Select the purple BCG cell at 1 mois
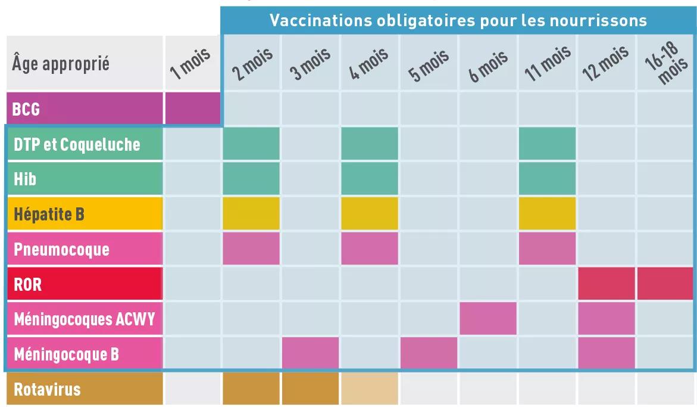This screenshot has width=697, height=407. click(192, 109)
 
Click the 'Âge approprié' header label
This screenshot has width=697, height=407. click(61, 64)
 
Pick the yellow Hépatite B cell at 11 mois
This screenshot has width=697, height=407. click(547, 213)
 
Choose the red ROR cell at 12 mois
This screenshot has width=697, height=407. click(606, 284)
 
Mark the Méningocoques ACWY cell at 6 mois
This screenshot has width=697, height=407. click(487, 318)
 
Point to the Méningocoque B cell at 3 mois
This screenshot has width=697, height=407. click(310, 353)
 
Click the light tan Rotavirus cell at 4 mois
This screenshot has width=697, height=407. click(369, 389)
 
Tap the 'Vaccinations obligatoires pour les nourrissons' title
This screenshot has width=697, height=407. click(458, 20)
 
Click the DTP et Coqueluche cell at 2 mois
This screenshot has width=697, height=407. click(251, 144)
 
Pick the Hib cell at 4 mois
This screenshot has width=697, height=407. click(369, 178)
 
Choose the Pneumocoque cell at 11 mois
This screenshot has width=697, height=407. click(547, 248)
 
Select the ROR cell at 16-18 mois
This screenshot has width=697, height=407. click(665, 284)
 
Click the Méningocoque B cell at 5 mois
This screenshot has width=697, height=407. click(429, 353)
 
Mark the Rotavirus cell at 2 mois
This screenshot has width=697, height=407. click(251, 389)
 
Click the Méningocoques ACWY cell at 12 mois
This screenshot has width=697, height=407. click(606, 318)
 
